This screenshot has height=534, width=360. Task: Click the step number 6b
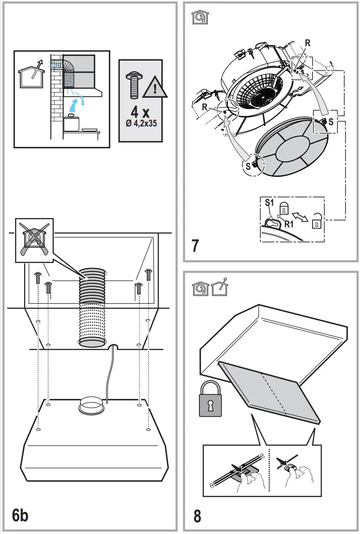tap(20, 515)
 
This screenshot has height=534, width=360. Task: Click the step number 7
tap(195, 246)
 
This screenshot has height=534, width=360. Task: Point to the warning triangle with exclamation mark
tap(155, 88)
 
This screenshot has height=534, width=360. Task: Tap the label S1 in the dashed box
tap(269, 202)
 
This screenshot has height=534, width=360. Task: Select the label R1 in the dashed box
tap(289, 224)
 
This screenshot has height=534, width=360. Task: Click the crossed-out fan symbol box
tap(34, 240)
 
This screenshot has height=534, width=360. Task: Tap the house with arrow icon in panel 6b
tap(32, 74)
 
